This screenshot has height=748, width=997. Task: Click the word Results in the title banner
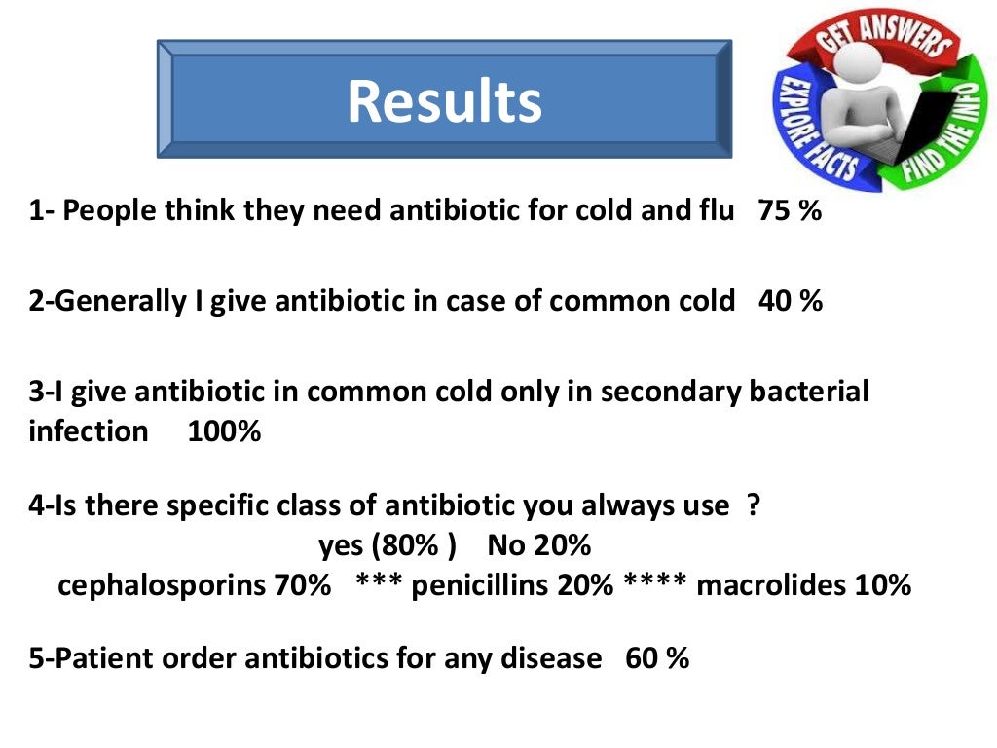point(444,101)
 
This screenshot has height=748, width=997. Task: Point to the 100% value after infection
point(224,430)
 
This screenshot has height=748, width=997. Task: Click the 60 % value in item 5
point(657,658)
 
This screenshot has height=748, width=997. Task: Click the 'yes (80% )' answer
point(388,545)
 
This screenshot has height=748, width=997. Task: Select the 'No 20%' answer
point(539,545)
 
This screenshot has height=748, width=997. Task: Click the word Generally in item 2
point(119,301)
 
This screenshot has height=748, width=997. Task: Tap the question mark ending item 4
point(753,505)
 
